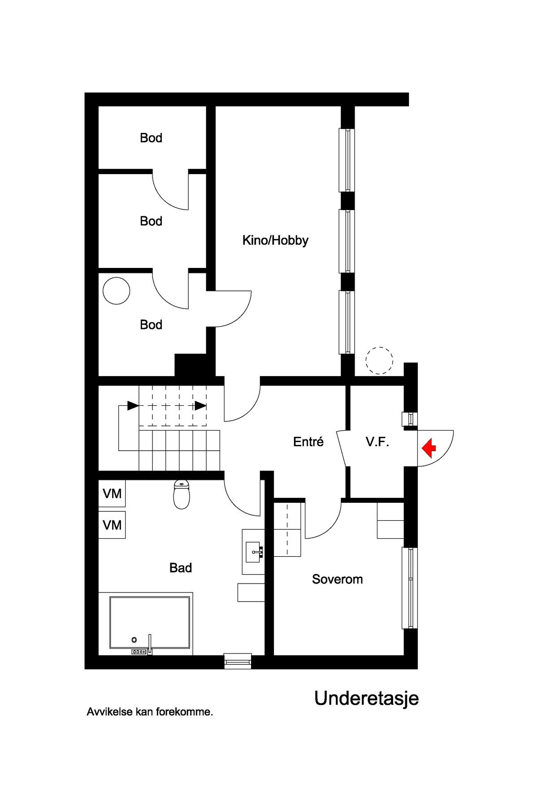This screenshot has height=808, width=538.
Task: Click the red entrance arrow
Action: [x=430, y=448]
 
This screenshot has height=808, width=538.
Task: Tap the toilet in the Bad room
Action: [x=181, y=495]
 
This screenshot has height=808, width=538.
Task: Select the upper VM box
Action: [x=112, y=494]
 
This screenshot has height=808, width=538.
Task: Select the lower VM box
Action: [x=112, y=525]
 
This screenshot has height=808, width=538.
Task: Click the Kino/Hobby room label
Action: [x=275, y=240]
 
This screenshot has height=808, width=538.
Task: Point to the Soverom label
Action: [x=337, y=579]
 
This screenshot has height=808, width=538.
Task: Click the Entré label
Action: [x=308, y=442]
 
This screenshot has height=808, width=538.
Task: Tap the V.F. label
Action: [x=377, y=442]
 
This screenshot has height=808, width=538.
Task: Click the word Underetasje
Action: [x=366, y=698]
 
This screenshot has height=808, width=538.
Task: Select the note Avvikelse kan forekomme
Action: [x=150, y=712]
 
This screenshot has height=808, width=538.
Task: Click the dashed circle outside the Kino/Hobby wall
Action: [x=379, y=360]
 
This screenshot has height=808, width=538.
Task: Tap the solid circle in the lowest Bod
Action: [x=117, y=291]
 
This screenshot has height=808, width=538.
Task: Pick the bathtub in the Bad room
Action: [x=150, y=623]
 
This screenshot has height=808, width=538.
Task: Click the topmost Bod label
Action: [x=151, y=138]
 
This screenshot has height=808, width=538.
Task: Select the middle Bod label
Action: [x=151, y=221]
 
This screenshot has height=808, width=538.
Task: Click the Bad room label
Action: [x=181, y=568]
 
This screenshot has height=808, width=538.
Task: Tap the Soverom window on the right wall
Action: [x=410, y=588]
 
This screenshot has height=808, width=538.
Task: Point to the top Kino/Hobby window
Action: [x=347, y=160]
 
